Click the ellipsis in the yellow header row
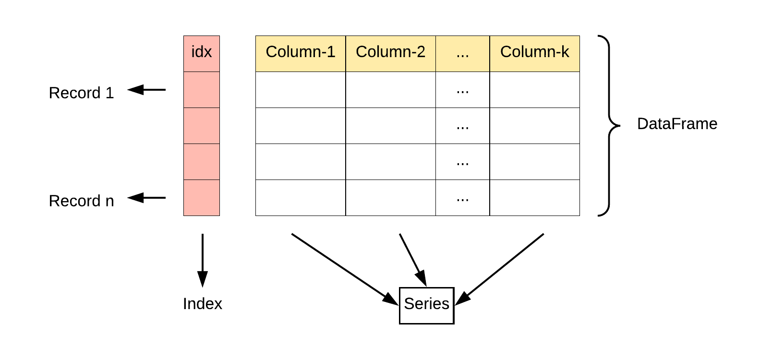click(462, 53)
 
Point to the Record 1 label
click(82, 93)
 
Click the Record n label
click(82, 201)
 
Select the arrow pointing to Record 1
click(146, 90)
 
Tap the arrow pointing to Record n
click(146, 198)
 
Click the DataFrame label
click(677, 124)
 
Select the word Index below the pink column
click(203, 304)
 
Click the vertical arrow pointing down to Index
click(203, 259)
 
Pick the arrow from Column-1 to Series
click(343, 268)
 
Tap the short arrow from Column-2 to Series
click(412, 259)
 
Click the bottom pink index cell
click(202, 198)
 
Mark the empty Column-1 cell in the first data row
click(301, 90)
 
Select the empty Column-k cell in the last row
click(534, 198)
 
